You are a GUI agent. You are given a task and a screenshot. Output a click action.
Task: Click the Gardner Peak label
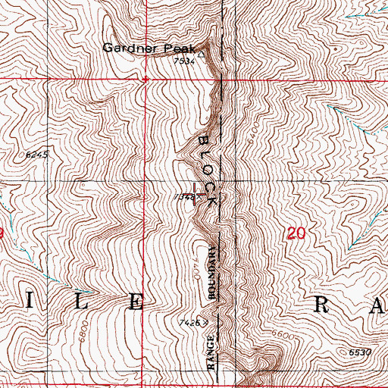pyautogui.click(x=144, y=48)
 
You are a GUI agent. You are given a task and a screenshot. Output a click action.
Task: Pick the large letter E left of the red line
pyautogui.click(x=136, y=302)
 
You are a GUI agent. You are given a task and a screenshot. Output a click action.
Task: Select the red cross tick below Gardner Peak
pyautogui.click(x=145, y=78)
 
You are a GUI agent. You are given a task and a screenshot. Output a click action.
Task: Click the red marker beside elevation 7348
pyautogui.click(x=196, y=193)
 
